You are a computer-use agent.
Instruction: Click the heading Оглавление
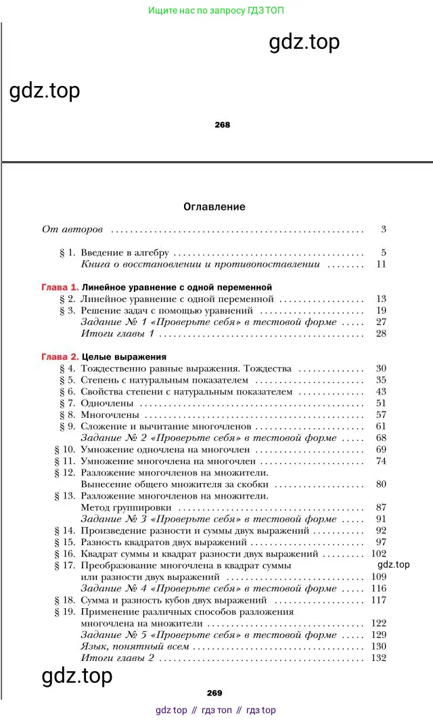pyautogui.click(x=214, y=207)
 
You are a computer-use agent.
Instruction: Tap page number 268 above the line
pyautogui.click(x=222, y=125)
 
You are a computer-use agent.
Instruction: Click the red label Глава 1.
pyautogui.click(x=60, y=287)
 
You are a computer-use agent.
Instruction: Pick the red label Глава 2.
pyautogui.click(x=60, y=356)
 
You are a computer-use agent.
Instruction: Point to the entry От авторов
pyautogui.click(x=72, y=230)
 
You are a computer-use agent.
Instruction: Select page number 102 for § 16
pyautogui.click(x=378, y=554)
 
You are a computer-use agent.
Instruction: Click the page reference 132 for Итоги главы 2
pyautogui.click(x=378, y=658)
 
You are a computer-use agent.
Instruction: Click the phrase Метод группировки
pyautogui.click(x=126, y=507)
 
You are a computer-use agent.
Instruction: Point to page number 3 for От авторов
pyautogui.click(x=383, y=230)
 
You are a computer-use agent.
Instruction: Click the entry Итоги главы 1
pyautogui.click(x=118, y=334)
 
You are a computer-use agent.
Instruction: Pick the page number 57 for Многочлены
pyautogui.click(x=381, y=415)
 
